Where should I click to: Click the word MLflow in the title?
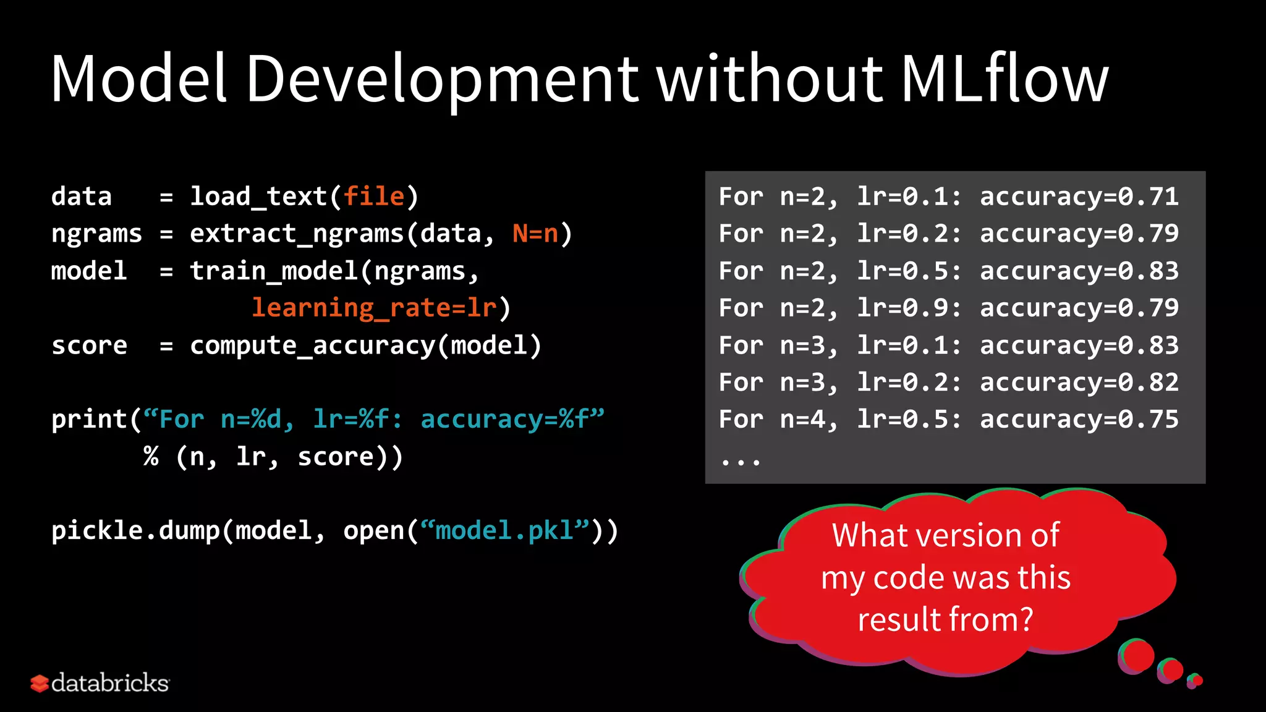click(1004, 78)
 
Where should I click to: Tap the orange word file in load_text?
click(374, 197)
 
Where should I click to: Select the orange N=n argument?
click(535, 234)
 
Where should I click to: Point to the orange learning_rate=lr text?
click(374, 308)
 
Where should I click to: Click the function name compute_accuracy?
click(312, 345)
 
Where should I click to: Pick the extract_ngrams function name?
click(297, 234)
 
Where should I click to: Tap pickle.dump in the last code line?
click(135, 531)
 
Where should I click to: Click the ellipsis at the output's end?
click(740, 460)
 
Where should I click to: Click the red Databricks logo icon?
click(39, 683)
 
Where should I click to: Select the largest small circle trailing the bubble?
click(1136, 656)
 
